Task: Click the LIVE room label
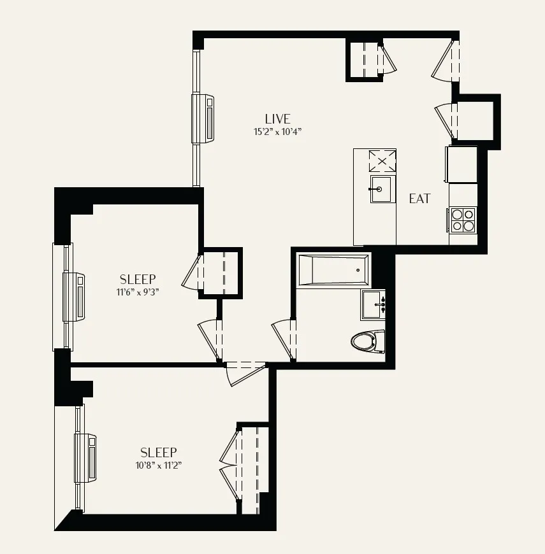277,119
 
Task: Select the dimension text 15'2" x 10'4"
277,132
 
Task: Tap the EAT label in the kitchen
419,199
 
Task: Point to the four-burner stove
463,220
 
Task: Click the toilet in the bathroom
368,341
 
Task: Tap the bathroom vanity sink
374,305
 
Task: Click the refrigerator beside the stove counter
463,164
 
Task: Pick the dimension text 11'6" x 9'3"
137,293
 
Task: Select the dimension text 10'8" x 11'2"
158,465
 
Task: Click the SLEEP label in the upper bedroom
138,280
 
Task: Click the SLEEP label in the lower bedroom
158,452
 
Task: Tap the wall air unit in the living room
204,118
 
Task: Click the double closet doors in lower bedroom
230,462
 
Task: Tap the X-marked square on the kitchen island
382,160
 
